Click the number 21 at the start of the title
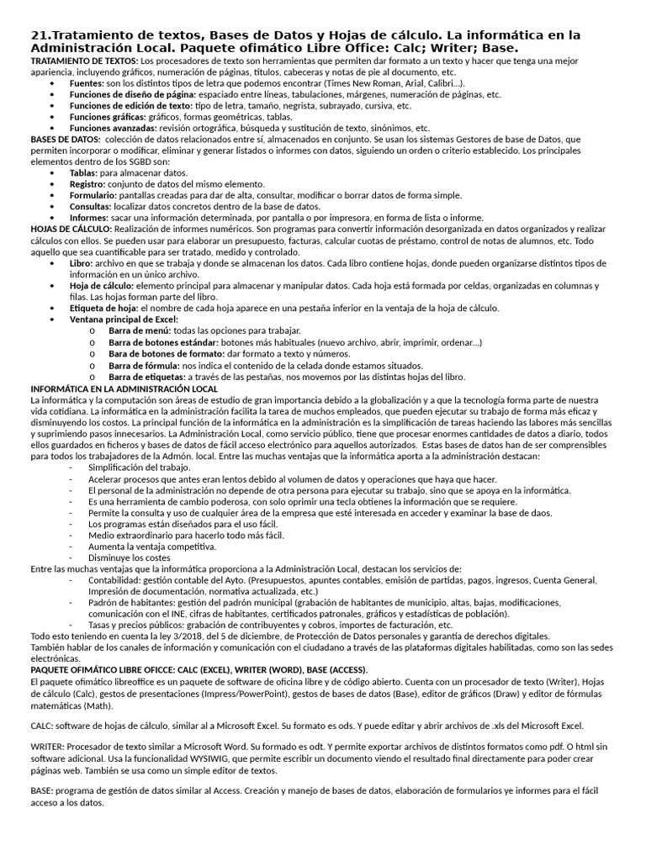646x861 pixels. coord(37,35)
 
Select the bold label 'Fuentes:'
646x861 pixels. coord(87,84)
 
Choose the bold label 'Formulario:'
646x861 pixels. coord(93,194)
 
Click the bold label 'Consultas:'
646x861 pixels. coord(91,205)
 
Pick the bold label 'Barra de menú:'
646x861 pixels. coord(139,330)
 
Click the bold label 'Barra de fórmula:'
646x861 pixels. coord(143,366)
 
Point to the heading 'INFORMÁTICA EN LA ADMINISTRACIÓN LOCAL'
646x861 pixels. coord(124,388)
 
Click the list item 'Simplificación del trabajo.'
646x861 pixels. coord(140,467)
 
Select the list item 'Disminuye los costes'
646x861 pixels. coord(129,557)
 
